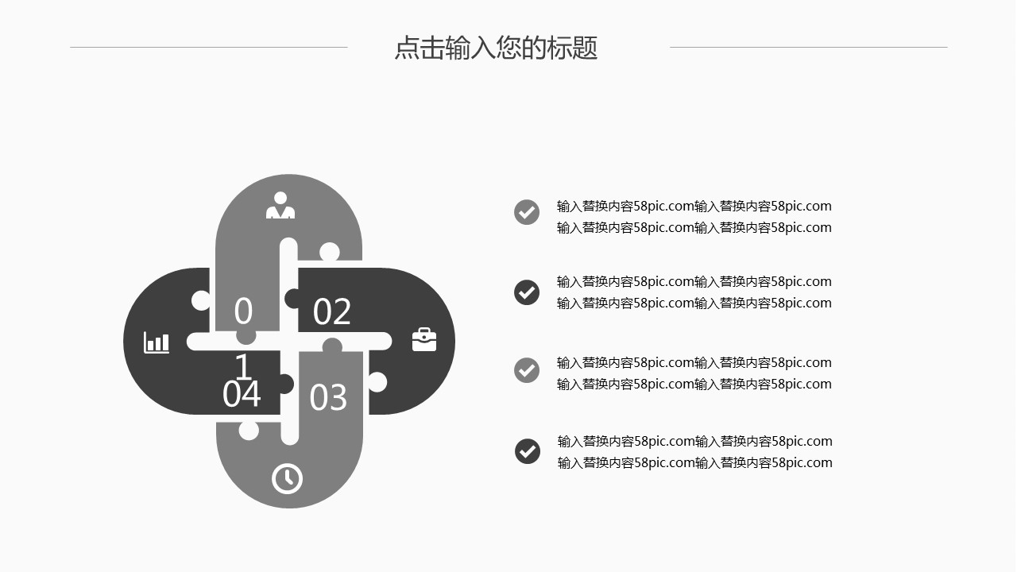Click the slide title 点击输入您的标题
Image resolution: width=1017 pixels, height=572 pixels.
tap(496, 47)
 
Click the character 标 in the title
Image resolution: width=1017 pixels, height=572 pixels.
tap(559, 47)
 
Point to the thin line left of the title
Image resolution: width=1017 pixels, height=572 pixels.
tap(209, 47)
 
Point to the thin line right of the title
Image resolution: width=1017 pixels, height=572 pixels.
tap(809, 47)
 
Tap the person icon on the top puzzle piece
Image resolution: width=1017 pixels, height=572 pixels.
tap(280, 205)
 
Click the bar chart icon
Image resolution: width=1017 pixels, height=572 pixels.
tap(157, 342)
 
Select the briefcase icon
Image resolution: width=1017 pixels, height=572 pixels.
tap(424, 339)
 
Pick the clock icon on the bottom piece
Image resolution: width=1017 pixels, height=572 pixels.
tap(287, 478)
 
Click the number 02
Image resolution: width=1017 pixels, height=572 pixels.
tap(332, 311)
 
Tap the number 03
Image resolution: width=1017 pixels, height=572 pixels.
tap(328, 397)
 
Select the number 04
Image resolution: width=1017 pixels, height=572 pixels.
tap(242, 393)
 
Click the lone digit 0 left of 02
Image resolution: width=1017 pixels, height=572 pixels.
tap(243, 311)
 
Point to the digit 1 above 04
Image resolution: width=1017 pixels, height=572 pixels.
tap(243, 366)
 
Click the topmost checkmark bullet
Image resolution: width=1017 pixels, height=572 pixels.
tap(527, 212)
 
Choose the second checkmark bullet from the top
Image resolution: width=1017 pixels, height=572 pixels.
tap(527, 292)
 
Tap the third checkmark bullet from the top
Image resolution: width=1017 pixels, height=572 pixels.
tap(527, 370)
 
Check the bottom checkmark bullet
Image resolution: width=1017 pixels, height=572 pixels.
tap(528, 451)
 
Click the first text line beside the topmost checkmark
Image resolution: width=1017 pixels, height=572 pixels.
tap(694, 206)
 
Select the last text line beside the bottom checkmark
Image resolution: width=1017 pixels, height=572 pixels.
tap(695, 462)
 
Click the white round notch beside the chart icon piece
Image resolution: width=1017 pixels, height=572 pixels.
tap(201, 300)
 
